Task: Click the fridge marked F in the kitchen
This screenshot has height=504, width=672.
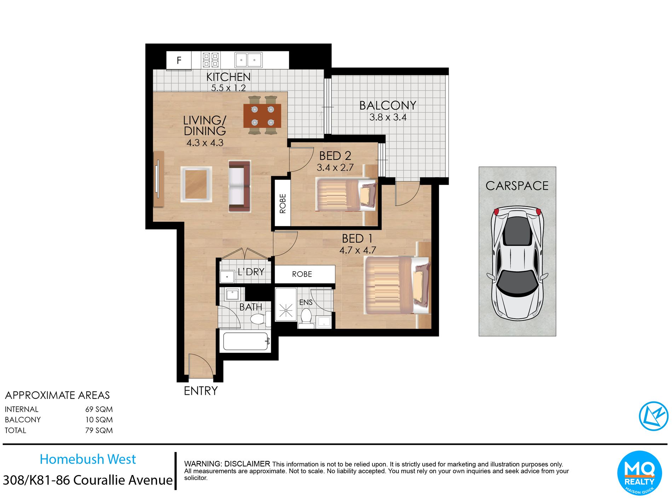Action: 179,60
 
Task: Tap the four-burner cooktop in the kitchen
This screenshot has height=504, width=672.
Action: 211,60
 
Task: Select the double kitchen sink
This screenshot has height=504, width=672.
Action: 248,60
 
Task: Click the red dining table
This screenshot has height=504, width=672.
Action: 262,116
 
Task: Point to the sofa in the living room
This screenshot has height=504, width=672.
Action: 239,186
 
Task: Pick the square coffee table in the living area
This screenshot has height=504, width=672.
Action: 196,184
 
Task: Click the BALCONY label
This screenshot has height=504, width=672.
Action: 388,105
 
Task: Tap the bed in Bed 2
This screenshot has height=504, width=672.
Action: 346,195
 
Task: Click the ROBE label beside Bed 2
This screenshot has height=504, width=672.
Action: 283,204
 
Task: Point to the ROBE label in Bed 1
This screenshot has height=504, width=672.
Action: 302,274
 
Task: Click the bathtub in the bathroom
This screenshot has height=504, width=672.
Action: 245,341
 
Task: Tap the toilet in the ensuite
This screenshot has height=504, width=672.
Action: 305,317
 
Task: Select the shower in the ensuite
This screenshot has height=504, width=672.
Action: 286,305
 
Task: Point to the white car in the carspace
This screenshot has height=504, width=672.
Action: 517,263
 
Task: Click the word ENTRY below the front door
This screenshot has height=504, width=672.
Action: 201,391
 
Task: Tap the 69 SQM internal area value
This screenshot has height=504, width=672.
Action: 99,409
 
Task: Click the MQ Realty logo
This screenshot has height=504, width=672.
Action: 639,473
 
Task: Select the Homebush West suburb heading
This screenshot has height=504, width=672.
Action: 88,459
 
